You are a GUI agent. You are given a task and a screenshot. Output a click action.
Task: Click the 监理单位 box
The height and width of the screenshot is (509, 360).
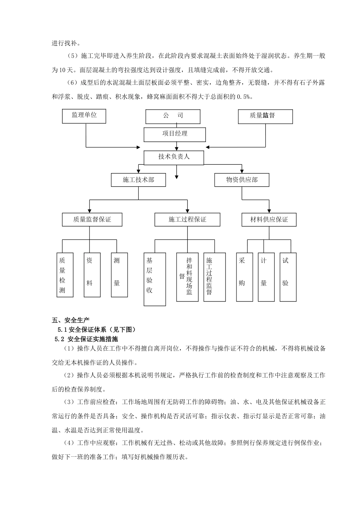84,116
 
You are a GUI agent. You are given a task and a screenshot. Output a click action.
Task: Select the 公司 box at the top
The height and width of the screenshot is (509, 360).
173,116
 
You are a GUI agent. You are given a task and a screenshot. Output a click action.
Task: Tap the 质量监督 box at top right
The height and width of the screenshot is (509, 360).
265,116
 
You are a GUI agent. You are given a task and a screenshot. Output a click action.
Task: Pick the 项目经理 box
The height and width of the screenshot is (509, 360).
175,134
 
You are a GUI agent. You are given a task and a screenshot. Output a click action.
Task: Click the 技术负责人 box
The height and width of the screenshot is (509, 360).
174,157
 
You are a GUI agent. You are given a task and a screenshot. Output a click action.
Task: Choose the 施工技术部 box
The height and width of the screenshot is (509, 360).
138,180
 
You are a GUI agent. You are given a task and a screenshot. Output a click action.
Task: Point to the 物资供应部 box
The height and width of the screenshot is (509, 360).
242,180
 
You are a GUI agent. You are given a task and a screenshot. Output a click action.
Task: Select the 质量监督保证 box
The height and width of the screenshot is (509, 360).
92,220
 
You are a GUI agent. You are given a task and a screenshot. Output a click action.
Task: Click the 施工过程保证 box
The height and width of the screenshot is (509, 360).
187,220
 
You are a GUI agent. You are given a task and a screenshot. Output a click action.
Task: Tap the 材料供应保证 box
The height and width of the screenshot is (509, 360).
269,220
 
